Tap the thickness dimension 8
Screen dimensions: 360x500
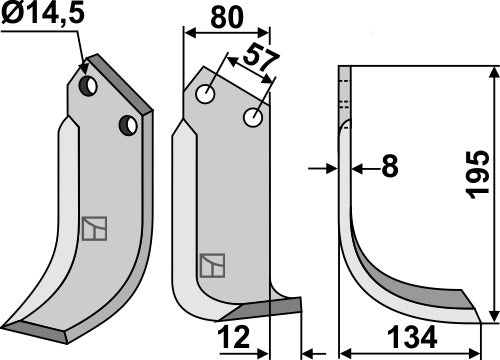(x=390, y=167)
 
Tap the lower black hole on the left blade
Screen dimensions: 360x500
(x=126, y=125)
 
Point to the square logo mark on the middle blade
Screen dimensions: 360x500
(x=212, y=265)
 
